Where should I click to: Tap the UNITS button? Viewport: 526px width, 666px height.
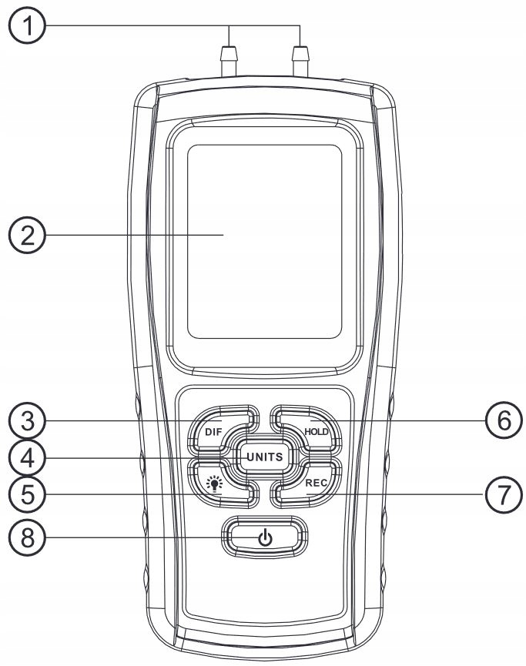tap(263, 457)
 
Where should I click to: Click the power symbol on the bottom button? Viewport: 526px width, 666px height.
tap(264, 537)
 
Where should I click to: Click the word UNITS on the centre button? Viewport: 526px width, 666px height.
tap(263, 457)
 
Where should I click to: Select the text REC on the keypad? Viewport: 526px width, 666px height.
tap(317, 483)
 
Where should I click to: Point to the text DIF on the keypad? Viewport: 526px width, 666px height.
tap(213, 431)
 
